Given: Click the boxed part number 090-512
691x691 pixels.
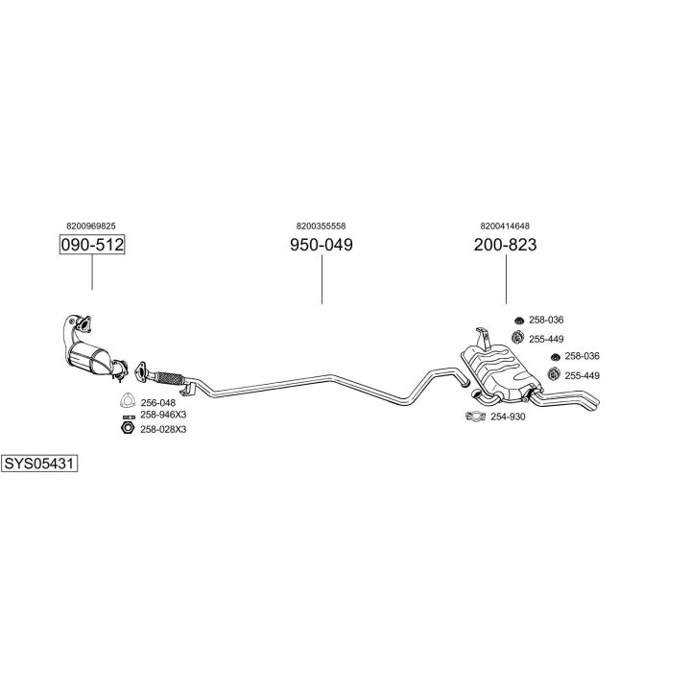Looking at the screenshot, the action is pyautogui.click(x=92, y=245).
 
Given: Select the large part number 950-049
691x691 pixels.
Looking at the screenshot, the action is pyautogui.click(x=322, y=245).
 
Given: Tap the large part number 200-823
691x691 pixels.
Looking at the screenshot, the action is pyautogui.click(x=505, y=245).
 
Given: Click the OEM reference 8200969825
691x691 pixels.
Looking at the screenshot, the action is pyautogui.click(x=91, y=226).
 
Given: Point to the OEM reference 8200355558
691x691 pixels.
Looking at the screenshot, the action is pyautogui.click(x=321, y=226).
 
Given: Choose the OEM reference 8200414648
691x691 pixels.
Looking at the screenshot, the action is pyautogui.click(x=505, y=226).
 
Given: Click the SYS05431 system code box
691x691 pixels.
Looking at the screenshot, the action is pyautogui.click(x=39, y=464).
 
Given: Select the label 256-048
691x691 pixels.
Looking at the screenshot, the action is pyautogui.click(x=157, y=403).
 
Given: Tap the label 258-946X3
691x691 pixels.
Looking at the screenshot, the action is pyautogui.click(x=163, y=415).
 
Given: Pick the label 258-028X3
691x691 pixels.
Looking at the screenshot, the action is pyautogui.click(x=163, y=429).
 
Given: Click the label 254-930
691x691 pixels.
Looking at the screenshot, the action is pyautogui.click(x=508, y=417).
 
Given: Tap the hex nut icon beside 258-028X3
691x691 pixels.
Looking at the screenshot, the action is pyautogui.click(x=128, y=427).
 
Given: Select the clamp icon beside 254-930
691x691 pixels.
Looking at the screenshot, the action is pyautogui.click(x=475, y=416).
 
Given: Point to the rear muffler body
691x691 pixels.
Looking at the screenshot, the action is pyautogui.click(x=501, y=371).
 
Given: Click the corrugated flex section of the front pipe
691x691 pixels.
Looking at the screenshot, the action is pyautogui.click(x=169, y=378).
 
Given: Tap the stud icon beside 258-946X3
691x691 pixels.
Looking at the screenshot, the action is pyautogui.click(x=129, y=417).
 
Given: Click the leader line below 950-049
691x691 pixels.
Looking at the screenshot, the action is pyautogui.click(x=322, y=279).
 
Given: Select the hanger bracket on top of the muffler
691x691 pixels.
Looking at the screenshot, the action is pyautogui.click(x=483, y=339).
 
